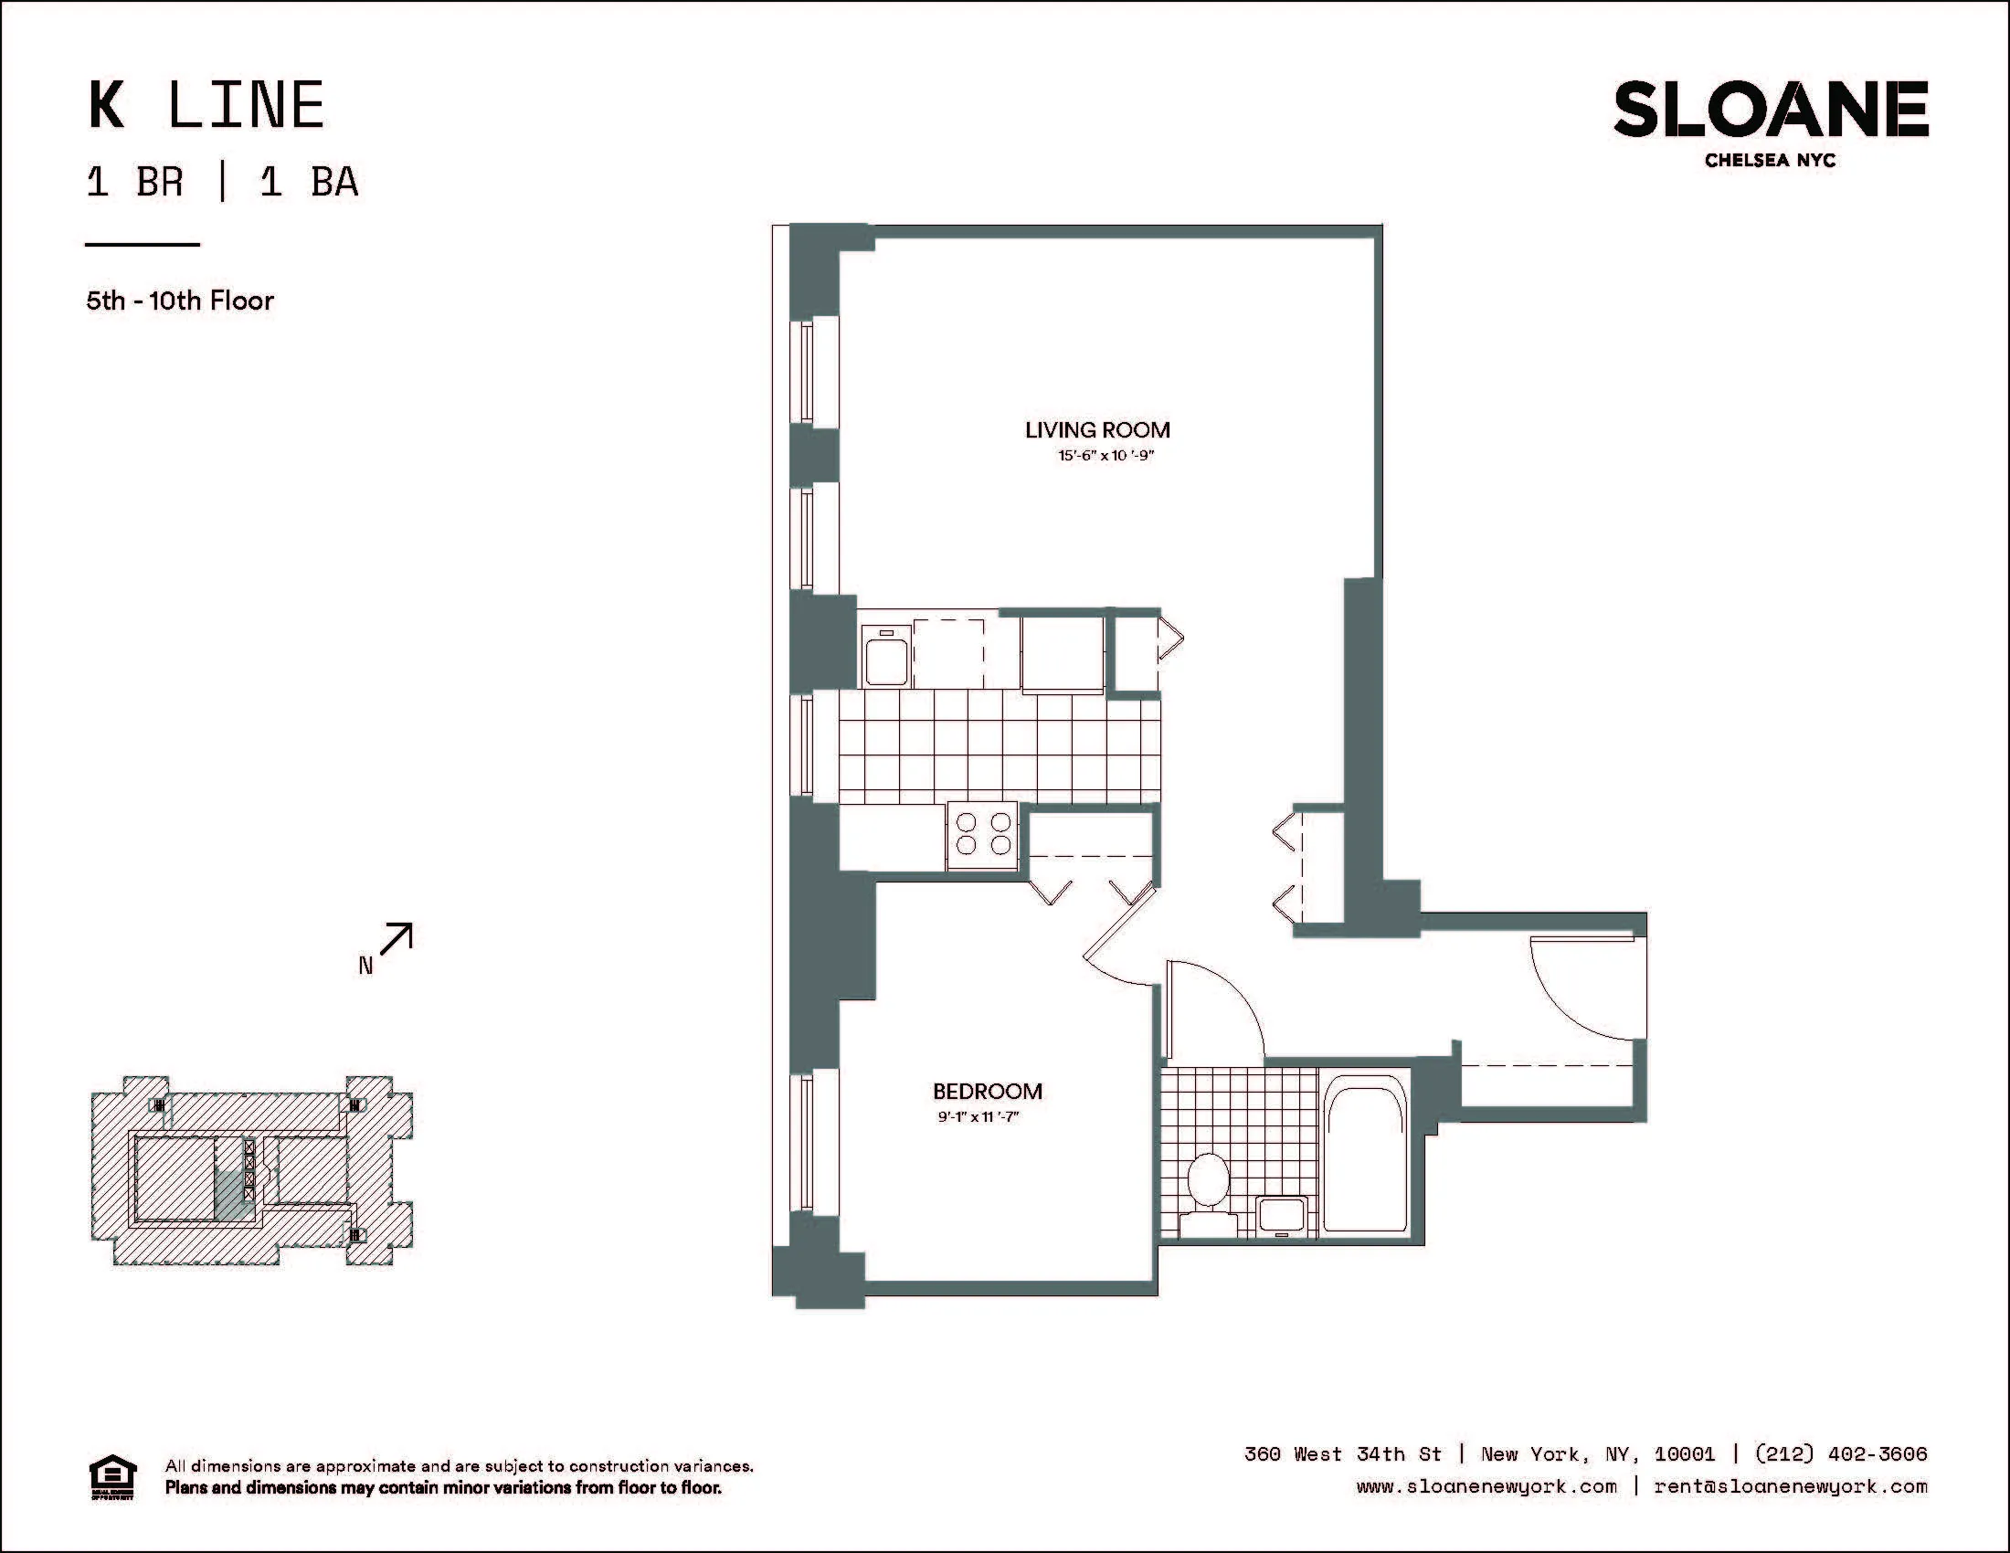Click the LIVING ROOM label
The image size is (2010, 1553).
pyautogui.click(x=1097, y=429)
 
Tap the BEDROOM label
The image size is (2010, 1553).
pyautogui.click(x=988, y=1091)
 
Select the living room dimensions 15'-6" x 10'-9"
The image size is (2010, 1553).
pyautogui.click(x=1105, y=456)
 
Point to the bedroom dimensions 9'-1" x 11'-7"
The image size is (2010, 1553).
pyautogui.click(x=979, y=1117)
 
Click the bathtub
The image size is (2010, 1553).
pyautogui.click(x=1366, y=1155)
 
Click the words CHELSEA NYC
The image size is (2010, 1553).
pyautogui.click(x=1770, y=160)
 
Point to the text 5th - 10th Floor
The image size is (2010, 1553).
pyautogui.click(x=180, y=301)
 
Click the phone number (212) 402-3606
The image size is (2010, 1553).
pyautogui.click(x=1841, y=1453)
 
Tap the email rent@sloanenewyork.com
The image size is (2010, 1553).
pyautogui.click(x=1790, y=1485)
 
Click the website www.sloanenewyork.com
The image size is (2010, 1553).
pyautogui.click(x=1486, y=1485)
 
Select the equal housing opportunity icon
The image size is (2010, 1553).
pyautogui.click(x=112, y=1477)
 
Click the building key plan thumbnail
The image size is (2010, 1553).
pyautogui.click(x=251, y=1171)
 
